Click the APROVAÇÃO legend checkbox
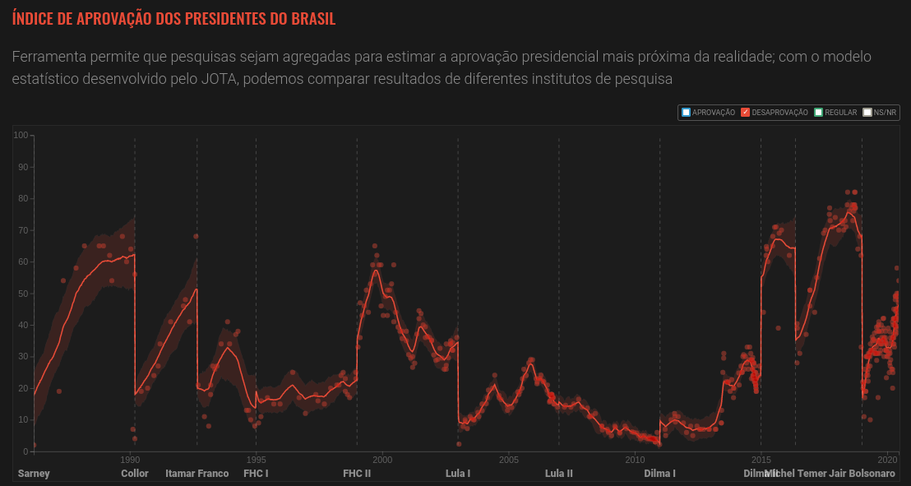pyautogui.click(x=686, y=113)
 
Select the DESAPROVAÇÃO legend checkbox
pyautogui.click(x=745, y=113)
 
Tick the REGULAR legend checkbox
pyautogui.click(x=818, y=113)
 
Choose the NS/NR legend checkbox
pyautogui.click(x=867, y=113)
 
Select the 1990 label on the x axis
pyautogui.click(x=130, y=459)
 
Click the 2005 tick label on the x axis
pyautogui.click(x=508, y=459)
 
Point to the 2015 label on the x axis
pyautogui.click(x=761, y=459)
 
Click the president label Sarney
pyautogui.click(x=34, y=474)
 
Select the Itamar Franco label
pyautogui.click(x=197, y=474)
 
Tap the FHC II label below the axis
pyautogui.click(x=357, y=474)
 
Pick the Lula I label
pyautogui.click(x=458, y=474)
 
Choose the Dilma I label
pyautogui.click(x=659, y=474)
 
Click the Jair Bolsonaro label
pyautogui.click(x=862, y=474)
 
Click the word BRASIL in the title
pyautogui.click(x=308, y=18)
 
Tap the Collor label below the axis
pyautogui.click(x=135, y=474)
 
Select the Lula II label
pyautogui.click(x=559, y=474)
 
